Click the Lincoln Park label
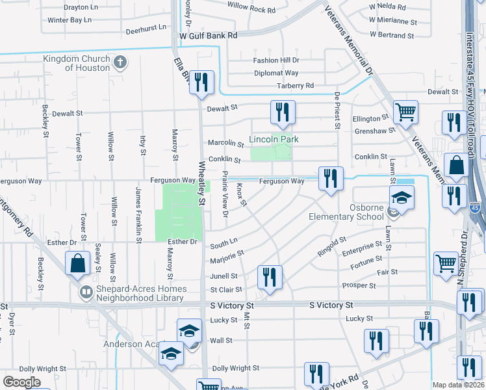pyautogui.click(x=269, y=139)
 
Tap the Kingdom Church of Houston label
pyautogui.click(x=73, y=63)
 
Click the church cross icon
pyautogui.click(x=119, y=62)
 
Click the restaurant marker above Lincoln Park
pyautogui.click(x=283, y=112)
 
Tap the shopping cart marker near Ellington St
pyautogui.click(x=405, y=112)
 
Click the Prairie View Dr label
pyautogui.click(x=225, y=198)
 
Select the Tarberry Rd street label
pyautogui.click(x=295, y=86)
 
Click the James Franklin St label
pyautogui.click(x=138, y=214)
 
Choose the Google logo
pyautogui.click(x=21, y=382)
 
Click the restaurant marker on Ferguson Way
pyautogui.click(x=331, y=178)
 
